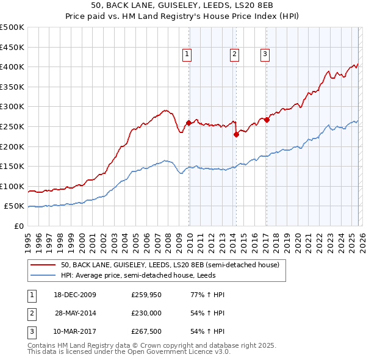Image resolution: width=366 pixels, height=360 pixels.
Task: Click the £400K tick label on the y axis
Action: click(12, 67)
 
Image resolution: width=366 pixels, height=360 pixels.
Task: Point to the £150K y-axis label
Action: click(12, 166)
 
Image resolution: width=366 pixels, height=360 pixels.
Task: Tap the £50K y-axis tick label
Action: click(15, 206)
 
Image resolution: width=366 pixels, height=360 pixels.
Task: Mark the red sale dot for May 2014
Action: click(236, 135)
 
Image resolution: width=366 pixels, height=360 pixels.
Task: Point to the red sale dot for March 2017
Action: click(267, 120)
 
